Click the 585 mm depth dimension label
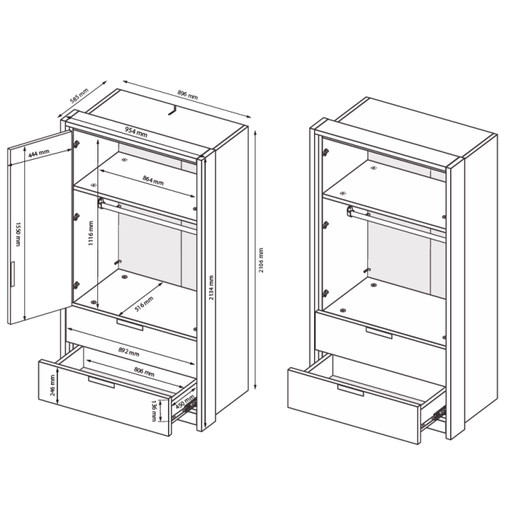[79, 96]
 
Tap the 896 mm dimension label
[188, 94]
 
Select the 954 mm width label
[136, 132]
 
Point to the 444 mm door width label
[39, 154]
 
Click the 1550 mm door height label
[18, 234]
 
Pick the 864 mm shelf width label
[153, 180]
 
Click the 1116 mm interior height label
[91, 233]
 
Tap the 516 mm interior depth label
[144, 303]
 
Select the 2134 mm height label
[211, 287]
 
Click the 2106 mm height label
[261, 260]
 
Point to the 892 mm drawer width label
[129, 352]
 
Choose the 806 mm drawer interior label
[144, 372]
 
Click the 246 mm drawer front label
[52, 386]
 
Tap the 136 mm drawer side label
[154, 411]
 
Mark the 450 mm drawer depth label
[185, 402]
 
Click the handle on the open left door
[12, 274]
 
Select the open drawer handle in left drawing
[101, 382]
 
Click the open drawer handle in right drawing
[351, 390]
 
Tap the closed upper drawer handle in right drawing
[379, 333]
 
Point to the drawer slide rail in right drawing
[433, 417]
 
